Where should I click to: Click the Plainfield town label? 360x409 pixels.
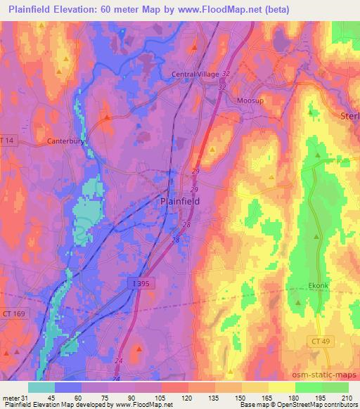176,201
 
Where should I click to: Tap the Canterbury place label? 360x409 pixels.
66,141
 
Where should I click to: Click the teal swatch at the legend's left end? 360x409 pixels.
41,387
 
